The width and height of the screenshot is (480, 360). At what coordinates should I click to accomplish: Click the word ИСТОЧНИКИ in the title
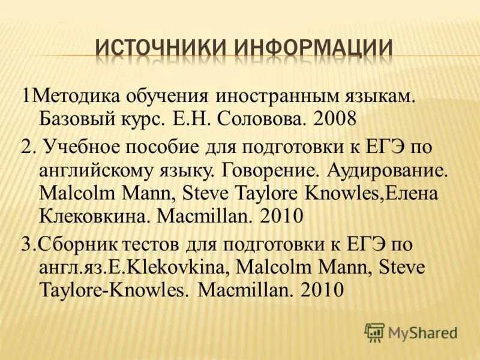[x=160, y=47]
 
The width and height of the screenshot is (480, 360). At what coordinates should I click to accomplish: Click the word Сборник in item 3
[x=74, y=245]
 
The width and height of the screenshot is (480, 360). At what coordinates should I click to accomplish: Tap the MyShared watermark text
[x=423, y=332]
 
